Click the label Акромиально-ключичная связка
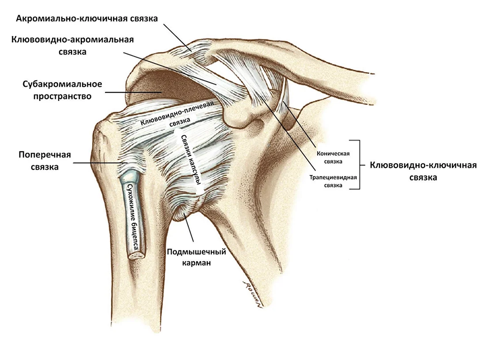click(x=87, y=19)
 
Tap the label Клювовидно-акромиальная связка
click(x=72, y=45)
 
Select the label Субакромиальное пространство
click(x=62, y=90)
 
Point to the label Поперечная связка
click(x=45, y=161)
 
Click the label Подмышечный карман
click(x=197, y=257)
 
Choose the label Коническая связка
click(x=333, y=157)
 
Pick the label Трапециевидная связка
click(x=333, y=181)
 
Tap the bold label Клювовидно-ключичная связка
click(x=423, y=171)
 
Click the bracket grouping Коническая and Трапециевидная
click(x=360, y=165)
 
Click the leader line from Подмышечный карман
click(x=189, y=228)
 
